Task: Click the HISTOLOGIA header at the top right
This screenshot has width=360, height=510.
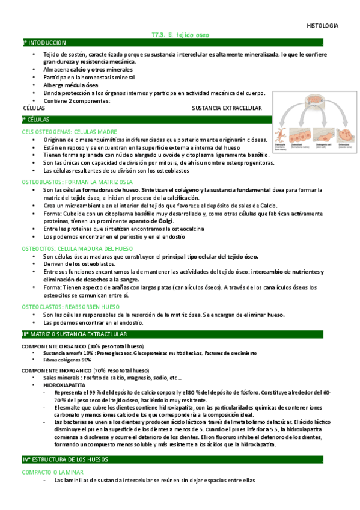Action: click(322, 26)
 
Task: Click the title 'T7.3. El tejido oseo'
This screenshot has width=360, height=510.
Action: click(180, 35)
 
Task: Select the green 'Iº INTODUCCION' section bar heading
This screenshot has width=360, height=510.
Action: click(44, 43)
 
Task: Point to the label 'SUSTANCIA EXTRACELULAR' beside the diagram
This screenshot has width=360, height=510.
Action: click(227, 108)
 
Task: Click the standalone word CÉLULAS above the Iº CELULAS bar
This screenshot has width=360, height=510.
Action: click(34, 108)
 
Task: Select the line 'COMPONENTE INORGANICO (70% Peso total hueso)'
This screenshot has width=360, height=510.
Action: click(85, 371)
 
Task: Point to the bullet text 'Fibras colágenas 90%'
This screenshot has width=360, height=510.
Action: click(68, 360)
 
